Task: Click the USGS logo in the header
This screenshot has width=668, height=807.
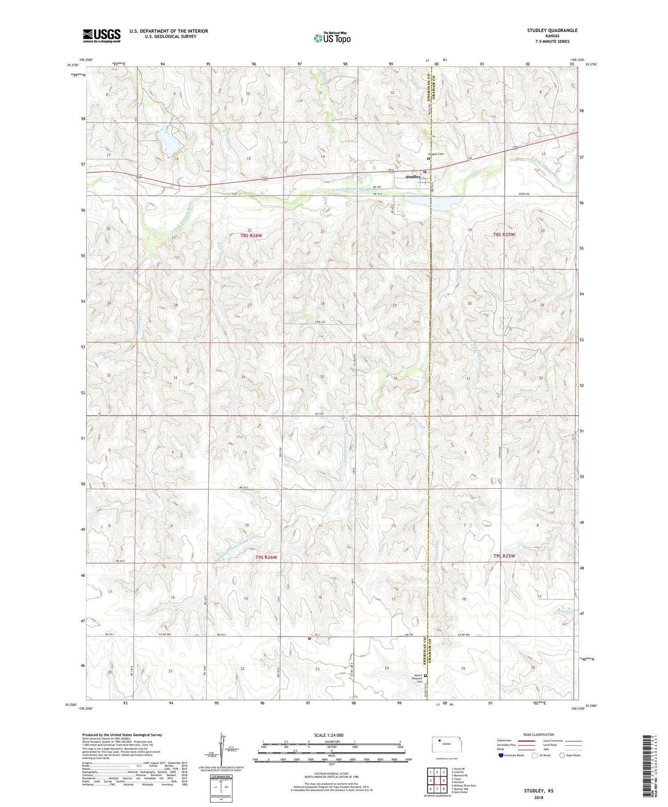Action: click(102, 36)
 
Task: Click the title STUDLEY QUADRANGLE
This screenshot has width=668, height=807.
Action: click(552, 30)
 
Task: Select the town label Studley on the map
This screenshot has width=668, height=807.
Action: click(413, 177)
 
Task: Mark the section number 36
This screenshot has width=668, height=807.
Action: click(395, 378)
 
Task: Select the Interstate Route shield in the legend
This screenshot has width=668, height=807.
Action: click(501, 755)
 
